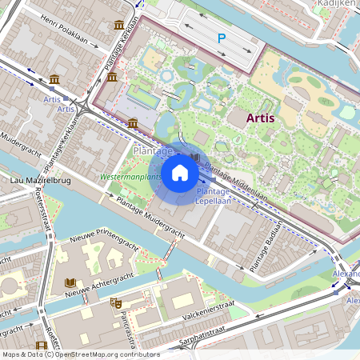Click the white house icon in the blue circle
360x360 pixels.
pos(180,173)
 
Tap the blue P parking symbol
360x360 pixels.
pos(222,38)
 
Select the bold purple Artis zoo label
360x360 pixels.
pos(261,118)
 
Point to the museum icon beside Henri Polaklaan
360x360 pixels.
pos(119,25)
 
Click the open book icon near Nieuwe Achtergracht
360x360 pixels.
pos(70,283)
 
